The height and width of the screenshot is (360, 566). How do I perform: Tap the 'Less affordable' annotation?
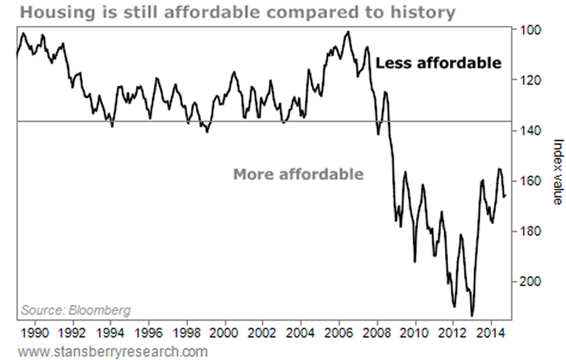(437, 63)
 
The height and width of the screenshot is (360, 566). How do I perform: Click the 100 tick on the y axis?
(526, 30)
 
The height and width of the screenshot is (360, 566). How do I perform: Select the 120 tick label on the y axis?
(526, 80)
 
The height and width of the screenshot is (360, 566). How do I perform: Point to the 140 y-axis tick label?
(526, 130)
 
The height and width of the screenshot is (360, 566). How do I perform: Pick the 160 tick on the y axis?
(526, 181)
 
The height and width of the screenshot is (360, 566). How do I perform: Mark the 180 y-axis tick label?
(526, 231)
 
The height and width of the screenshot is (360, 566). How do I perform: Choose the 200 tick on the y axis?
(526, 281)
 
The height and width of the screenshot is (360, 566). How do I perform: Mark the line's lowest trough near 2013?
(472, 315)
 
